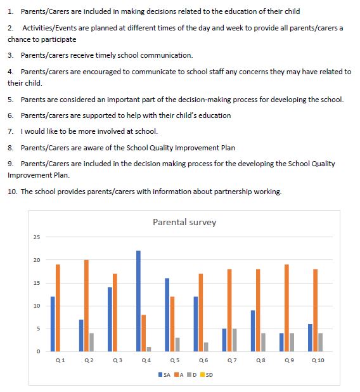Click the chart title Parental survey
tap(184, 223)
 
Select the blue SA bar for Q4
tap(138, 301)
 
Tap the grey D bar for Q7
tap(235, 339)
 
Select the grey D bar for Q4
tap(148, 349)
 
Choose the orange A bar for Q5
tap(172, 323)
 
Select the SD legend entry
tap(207, 374)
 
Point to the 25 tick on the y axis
tap(37, 237)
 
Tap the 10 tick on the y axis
tap(37, 306)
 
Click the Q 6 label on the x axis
tap(203, 360)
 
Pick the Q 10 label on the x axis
tap(318, 360)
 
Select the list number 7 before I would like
tap(11, 131)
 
